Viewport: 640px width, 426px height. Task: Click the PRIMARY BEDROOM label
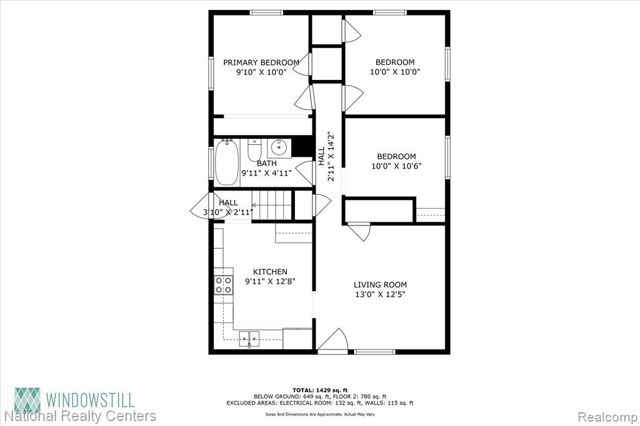(261, 62)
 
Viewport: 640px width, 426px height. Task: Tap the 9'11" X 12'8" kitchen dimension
(270, 281)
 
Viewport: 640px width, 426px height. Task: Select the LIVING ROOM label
(380, 285)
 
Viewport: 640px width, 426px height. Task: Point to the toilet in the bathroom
(254, 150)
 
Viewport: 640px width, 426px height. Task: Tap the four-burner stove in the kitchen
(224, 285)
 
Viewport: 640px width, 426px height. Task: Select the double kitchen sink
(249, 339)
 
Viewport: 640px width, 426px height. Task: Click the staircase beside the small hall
(272, 205)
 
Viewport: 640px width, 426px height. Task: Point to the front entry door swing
(332, 340)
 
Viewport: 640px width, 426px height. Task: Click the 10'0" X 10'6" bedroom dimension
(396, 166)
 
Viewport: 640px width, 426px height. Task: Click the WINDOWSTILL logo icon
(27, 400)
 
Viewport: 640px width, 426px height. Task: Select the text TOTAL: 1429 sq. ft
(320, 390)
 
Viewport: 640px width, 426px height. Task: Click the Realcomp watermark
(607, 417)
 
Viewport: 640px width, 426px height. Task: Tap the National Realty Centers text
(80, 416)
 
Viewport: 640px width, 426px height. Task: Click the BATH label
(266, 164)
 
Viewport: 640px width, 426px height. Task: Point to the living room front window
(374, 351)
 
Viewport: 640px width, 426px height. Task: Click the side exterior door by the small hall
(201, 206)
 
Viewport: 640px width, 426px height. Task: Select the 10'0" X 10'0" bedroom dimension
(395, 72)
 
